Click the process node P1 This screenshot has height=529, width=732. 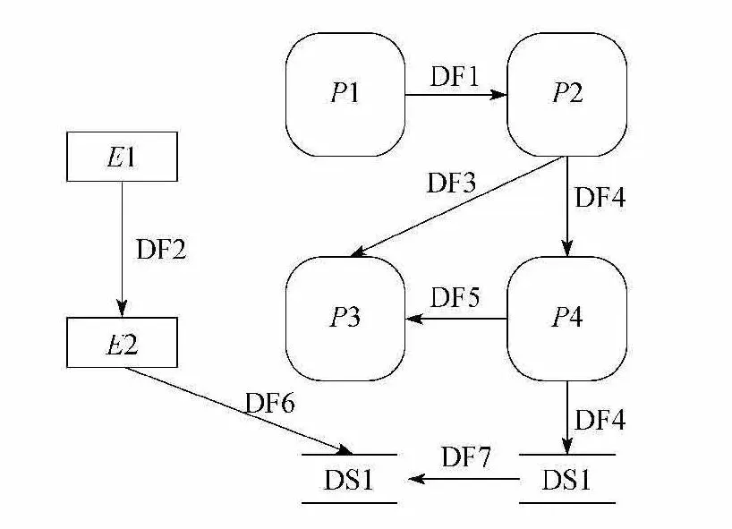(345, 94)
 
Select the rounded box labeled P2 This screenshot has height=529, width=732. (566, 94)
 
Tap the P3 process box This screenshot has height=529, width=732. (345, 319)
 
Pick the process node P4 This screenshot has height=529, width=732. (566, 319)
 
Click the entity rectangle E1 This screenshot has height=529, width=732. (123, 157)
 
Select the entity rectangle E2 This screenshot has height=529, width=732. (123, 343)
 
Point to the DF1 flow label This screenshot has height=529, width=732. (455, 76)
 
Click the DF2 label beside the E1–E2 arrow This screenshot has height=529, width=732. (162, 249)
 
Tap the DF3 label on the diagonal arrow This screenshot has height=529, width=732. (451, 183)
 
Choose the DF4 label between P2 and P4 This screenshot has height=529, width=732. (600, 197)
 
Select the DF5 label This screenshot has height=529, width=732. (455, 297)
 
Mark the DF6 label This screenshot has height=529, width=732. (270, 403)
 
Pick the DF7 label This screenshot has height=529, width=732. (466, 456)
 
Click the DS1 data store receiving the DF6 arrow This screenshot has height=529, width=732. (349, 479)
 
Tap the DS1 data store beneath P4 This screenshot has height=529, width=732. (566, 479)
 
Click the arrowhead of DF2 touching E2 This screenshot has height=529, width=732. (123, 308)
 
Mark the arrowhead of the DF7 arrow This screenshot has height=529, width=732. (416, 479)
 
